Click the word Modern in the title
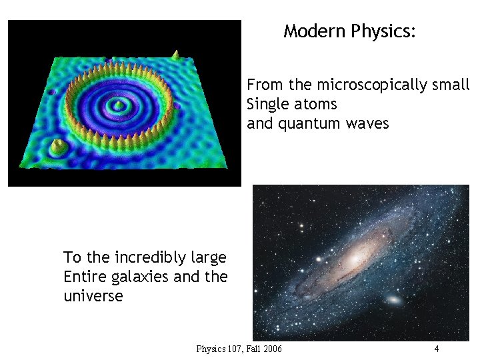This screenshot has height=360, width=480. [315, 31]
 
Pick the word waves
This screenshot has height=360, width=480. [367, 124]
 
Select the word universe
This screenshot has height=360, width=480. [93, 296]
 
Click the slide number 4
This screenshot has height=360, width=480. [436, 349]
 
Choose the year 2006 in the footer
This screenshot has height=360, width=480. [273, 349]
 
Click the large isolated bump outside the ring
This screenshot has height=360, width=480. [58, 145]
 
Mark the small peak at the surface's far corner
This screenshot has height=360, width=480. [175, 53]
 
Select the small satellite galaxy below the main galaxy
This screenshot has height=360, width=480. [394, 300]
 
